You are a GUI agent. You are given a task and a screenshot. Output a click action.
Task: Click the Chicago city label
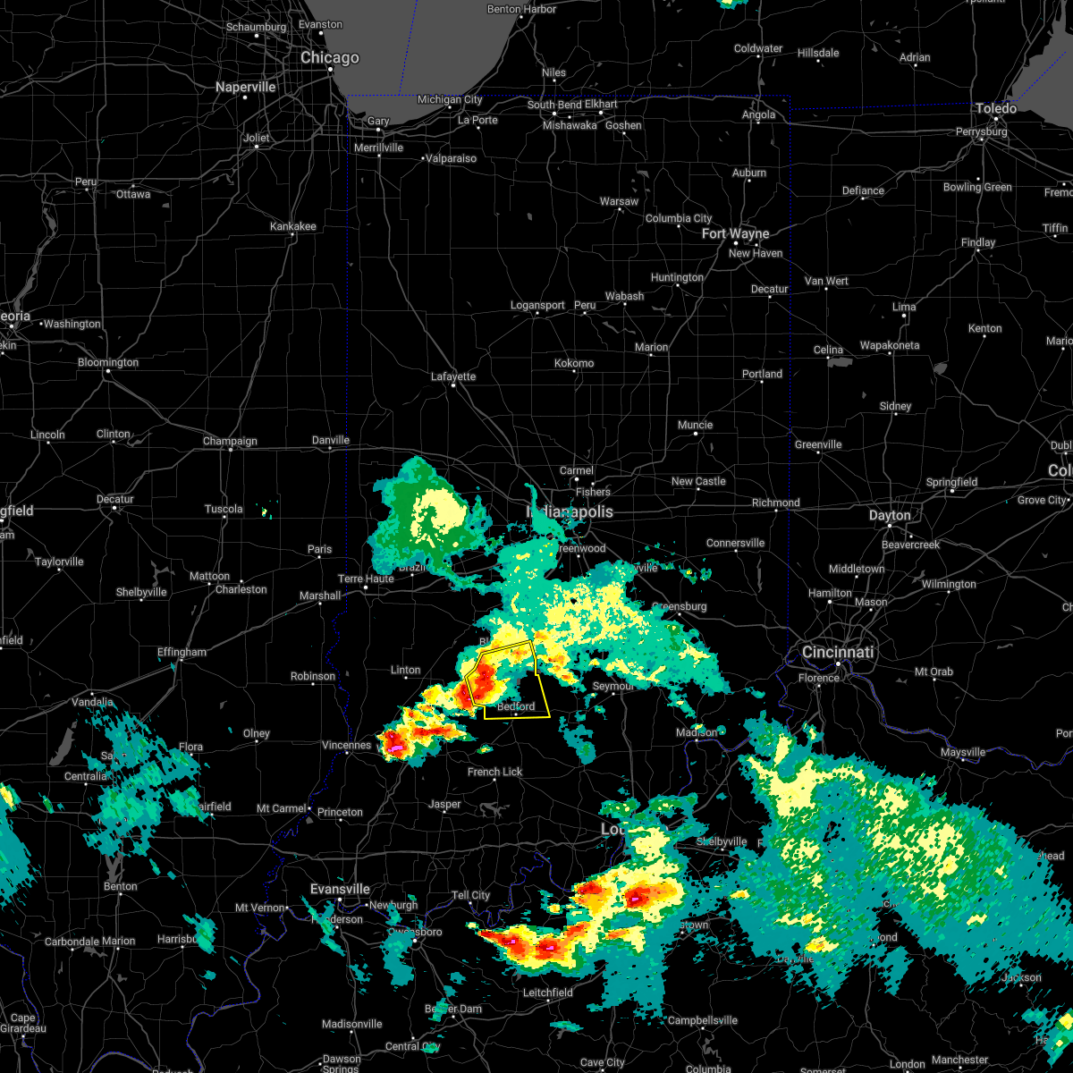(x=329, y=58)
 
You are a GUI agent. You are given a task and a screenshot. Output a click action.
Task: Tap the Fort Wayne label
(x=735, y=233)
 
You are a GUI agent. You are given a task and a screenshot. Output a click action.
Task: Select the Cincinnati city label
(x=838, y=652)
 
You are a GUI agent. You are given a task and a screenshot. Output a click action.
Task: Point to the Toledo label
(x=995, y=108)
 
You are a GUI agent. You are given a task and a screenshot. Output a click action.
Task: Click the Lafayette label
(x=453, y=376)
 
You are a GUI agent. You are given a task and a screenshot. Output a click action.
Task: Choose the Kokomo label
(x=574, y=363)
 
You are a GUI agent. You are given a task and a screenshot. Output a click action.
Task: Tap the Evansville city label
(x=340, y=889)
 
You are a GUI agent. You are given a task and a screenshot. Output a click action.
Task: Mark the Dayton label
(x=890, y=515)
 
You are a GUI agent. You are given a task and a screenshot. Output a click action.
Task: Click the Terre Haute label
(x=366, y=579)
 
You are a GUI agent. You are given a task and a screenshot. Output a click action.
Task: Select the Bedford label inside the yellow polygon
(x=516, y=706)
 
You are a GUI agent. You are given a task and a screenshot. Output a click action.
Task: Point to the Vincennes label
(x=346, y=745)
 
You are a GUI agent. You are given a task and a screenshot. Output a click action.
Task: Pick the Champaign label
(x=230, y=441)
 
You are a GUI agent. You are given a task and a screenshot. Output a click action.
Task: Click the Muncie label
(x=695, y=425)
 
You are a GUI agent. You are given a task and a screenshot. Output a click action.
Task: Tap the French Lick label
(x=494, y=772)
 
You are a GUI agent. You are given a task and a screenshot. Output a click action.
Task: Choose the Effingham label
(x=182, y=652)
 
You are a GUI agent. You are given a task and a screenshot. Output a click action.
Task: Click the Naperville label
(x=246, y=87)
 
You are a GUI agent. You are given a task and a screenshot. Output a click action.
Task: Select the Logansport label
(x=537, y=305)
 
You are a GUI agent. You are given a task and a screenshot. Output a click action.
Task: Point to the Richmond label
(x=775, y=503)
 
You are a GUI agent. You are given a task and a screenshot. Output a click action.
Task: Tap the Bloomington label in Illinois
(x=108, y=362)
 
